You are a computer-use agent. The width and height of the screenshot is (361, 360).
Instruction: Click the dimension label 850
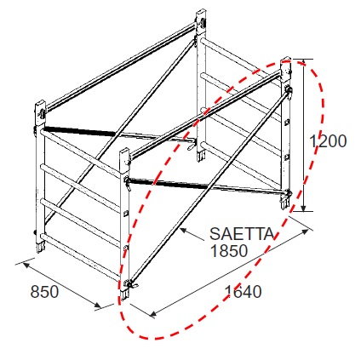[44, 292]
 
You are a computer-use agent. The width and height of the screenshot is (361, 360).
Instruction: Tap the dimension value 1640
[243, 292]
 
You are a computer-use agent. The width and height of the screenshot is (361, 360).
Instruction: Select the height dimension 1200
[328, 141]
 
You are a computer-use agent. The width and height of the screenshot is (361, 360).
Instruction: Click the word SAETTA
[242, 234]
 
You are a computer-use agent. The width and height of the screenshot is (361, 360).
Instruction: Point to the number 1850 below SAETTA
[229, 251]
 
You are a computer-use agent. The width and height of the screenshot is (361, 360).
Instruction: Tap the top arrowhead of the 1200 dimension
[303, 64]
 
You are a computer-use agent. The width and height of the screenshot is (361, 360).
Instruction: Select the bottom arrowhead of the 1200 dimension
[303, 207]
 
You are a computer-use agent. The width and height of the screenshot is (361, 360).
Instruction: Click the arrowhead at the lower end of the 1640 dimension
[153, 314]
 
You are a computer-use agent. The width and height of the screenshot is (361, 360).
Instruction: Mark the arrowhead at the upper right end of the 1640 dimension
[305, 231]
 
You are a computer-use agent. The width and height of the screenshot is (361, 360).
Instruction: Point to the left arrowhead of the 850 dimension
[26, 265]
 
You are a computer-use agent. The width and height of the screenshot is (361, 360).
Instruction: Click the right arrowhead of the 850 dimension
[97, 306]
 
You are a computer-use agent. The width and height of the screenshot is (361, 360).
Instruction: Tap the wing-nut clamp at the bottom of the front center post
[130, 284]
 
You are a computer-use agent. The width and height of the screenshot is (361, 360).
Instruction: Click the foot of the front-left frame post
[40, 247]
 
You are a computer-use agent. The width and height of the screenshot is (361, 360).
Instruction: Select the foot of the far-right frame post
[285, 203]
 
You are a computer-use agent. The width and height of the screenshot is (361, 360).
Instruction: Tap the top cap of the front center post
[124, 161]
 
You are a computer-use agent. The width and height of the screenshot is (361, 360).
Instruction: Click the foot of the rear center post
[201, 156]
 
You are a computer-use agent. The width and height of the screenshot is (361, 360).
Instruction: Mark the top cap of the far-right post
[286, 71]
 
